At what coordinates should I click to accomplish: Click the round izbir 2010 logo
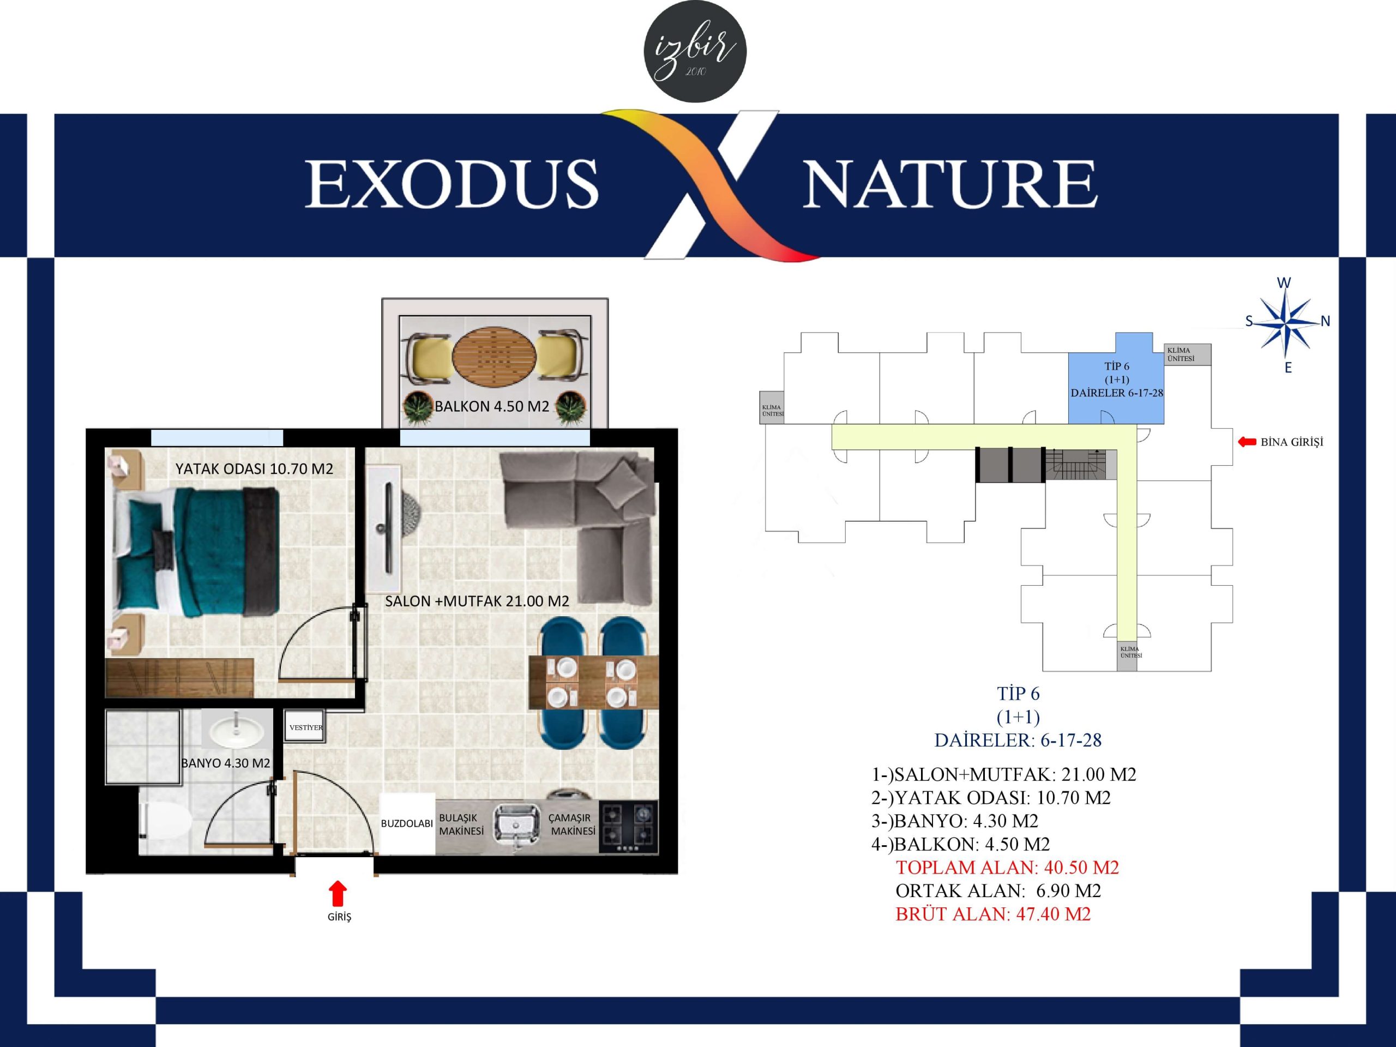695,51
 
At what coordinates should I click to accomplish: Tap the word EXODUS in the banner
452,184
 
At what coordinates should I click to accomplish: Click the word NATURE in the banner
950,184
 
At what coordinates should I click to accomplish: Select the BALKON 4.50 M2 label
492,406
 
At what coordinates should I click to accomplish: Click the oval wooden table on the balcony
494,356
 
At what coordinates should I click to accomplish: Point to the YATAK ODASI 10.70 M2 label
254,469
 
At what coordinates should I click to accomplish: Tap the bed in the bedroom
196,552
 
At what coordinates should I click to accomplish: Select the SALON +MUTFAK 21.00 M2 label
477,601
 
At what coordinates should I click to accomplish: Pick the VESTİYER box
305,727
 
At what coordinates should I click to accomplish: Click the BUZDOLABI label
406,823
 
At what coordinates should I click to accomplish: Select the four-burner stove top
628,827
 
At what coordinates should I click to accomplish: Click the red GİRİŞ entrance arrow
338,893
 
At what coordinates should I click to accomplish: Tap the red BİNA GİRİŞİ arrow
1247,442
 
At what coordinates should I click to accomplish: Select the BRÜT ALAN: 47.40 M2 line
992,914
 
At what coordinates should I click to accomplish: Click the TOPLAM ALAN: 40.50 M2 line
1007,868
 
